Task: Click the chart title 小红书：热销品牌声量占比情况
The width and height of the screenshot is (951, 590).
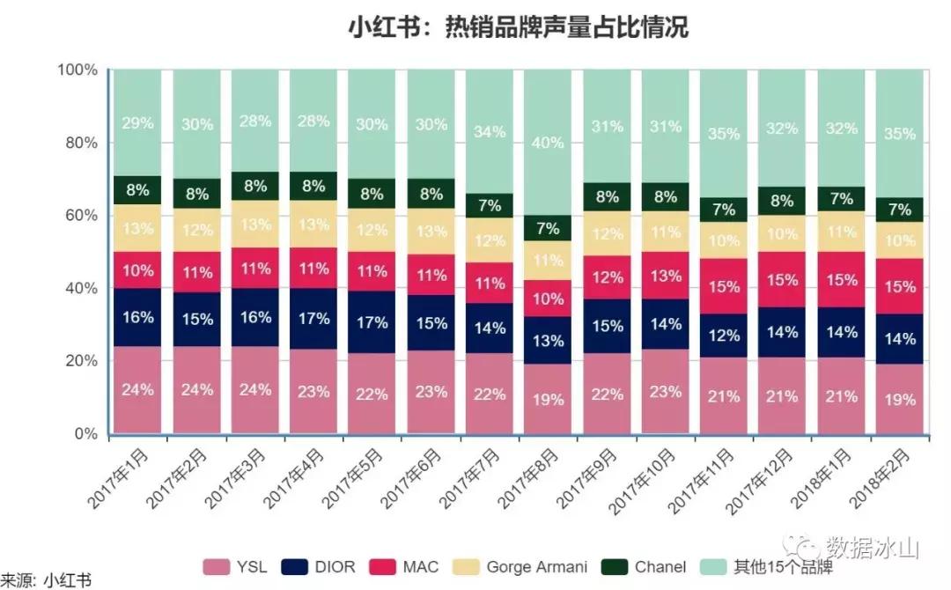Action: click(x=518, y=28)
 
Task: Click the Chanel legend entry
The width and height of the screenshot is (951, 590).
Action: click(x=648, y=567)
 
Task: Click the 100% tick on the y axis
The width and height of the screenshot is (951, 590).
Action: click(x=77, y=70)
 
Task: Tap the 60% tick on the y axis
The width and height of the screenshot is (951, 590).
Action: click(x=80, y=216)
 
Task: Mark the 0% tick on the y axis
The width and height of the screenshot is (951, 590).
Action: click(x=85, y=433)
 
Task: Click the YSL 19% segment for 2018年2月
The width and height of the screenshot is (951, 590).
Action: click(x=900, y=398)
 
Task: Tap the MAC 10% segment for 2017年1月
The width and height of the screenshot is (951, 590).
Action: click(x=136, y=270)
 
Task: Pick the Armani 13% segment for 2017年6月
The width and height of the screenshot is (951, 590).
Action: click(x=431, y=232)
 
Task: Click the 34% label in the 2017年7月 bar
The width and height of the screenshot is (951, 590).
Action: click(x=489, y=132)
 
